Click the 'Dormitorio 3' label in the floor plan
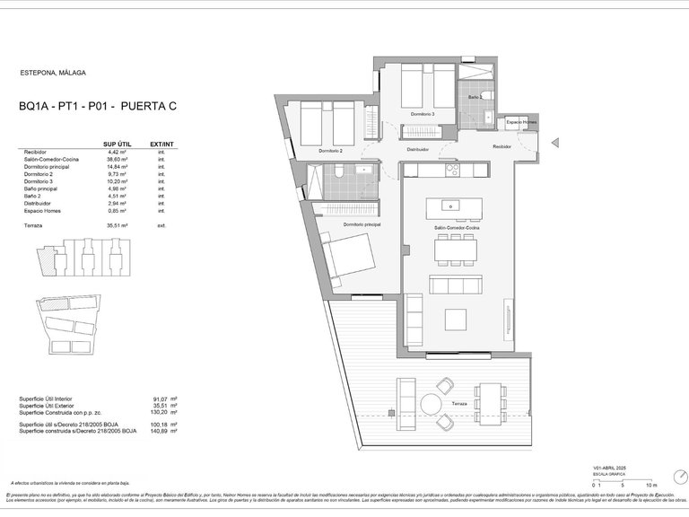click(x=423, y=115)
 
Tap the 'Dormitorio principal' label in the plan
click(x=362, y=223)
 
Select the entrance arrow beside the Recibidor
click(x=554, y=141)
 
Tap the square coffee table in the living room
click(x=454, y=320)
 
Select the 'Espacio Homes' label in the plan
click(x=521, y=121)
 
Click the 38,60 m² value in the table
click(x=118, y=159)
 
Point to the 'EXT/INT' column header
click(x=161, y=144)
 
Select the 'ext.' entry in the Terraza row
click(x=161, y=225)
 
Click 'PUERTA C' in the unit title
click(x=148, y=107)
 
